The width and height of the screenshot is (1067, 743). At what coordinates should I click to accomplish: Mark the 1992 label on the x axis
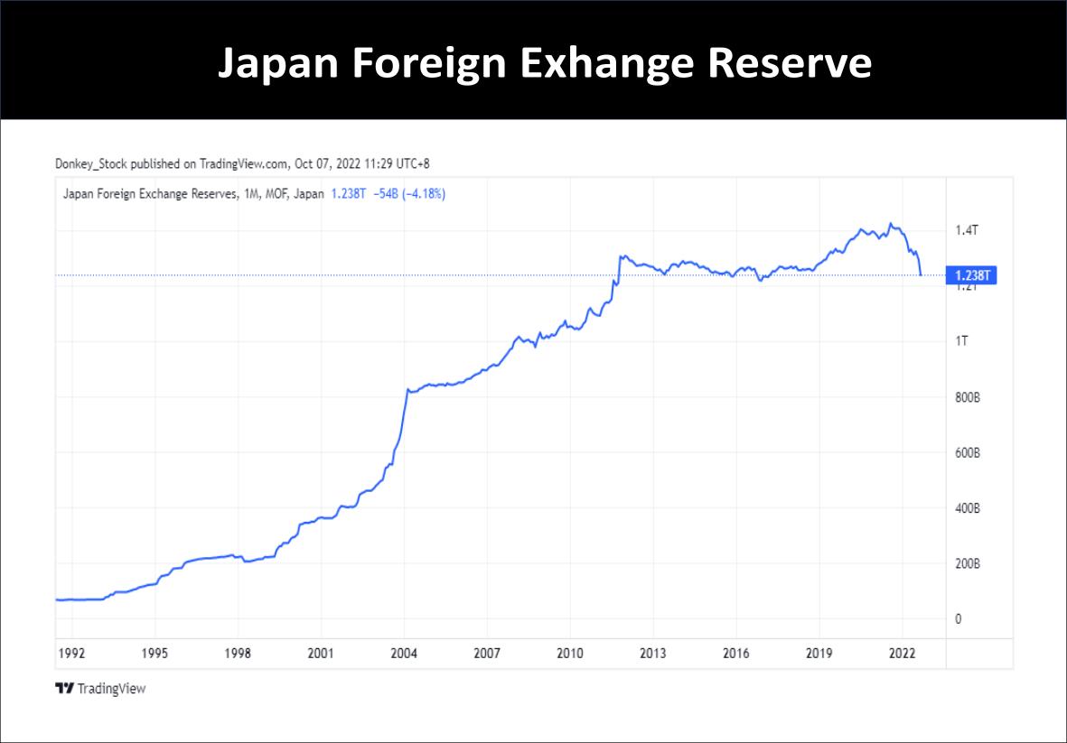[x=71, y=653]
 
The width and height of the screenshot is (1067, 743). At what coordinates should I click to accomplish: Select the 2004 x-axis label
[x=404, y=653]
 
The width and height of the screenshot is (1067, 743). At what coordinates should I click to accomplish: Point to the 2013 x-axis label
[x=653, y=653]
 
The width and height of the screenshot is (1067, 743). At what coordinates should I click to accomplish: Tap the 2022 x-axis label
[x=903, y=653]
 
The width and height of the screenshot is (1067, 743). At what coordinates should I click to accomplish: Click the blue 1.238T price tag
[x=970, y=275]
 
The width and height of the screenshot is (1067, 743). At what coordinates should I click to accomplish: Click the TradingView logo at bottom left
[x=100, y=689]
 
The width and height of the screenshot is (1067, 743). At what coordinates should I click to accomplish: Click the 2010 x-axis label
[x=570, y=653]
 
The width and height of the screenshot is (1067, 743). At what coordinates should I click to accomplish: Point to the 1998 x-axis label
[x=238, y=653]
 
